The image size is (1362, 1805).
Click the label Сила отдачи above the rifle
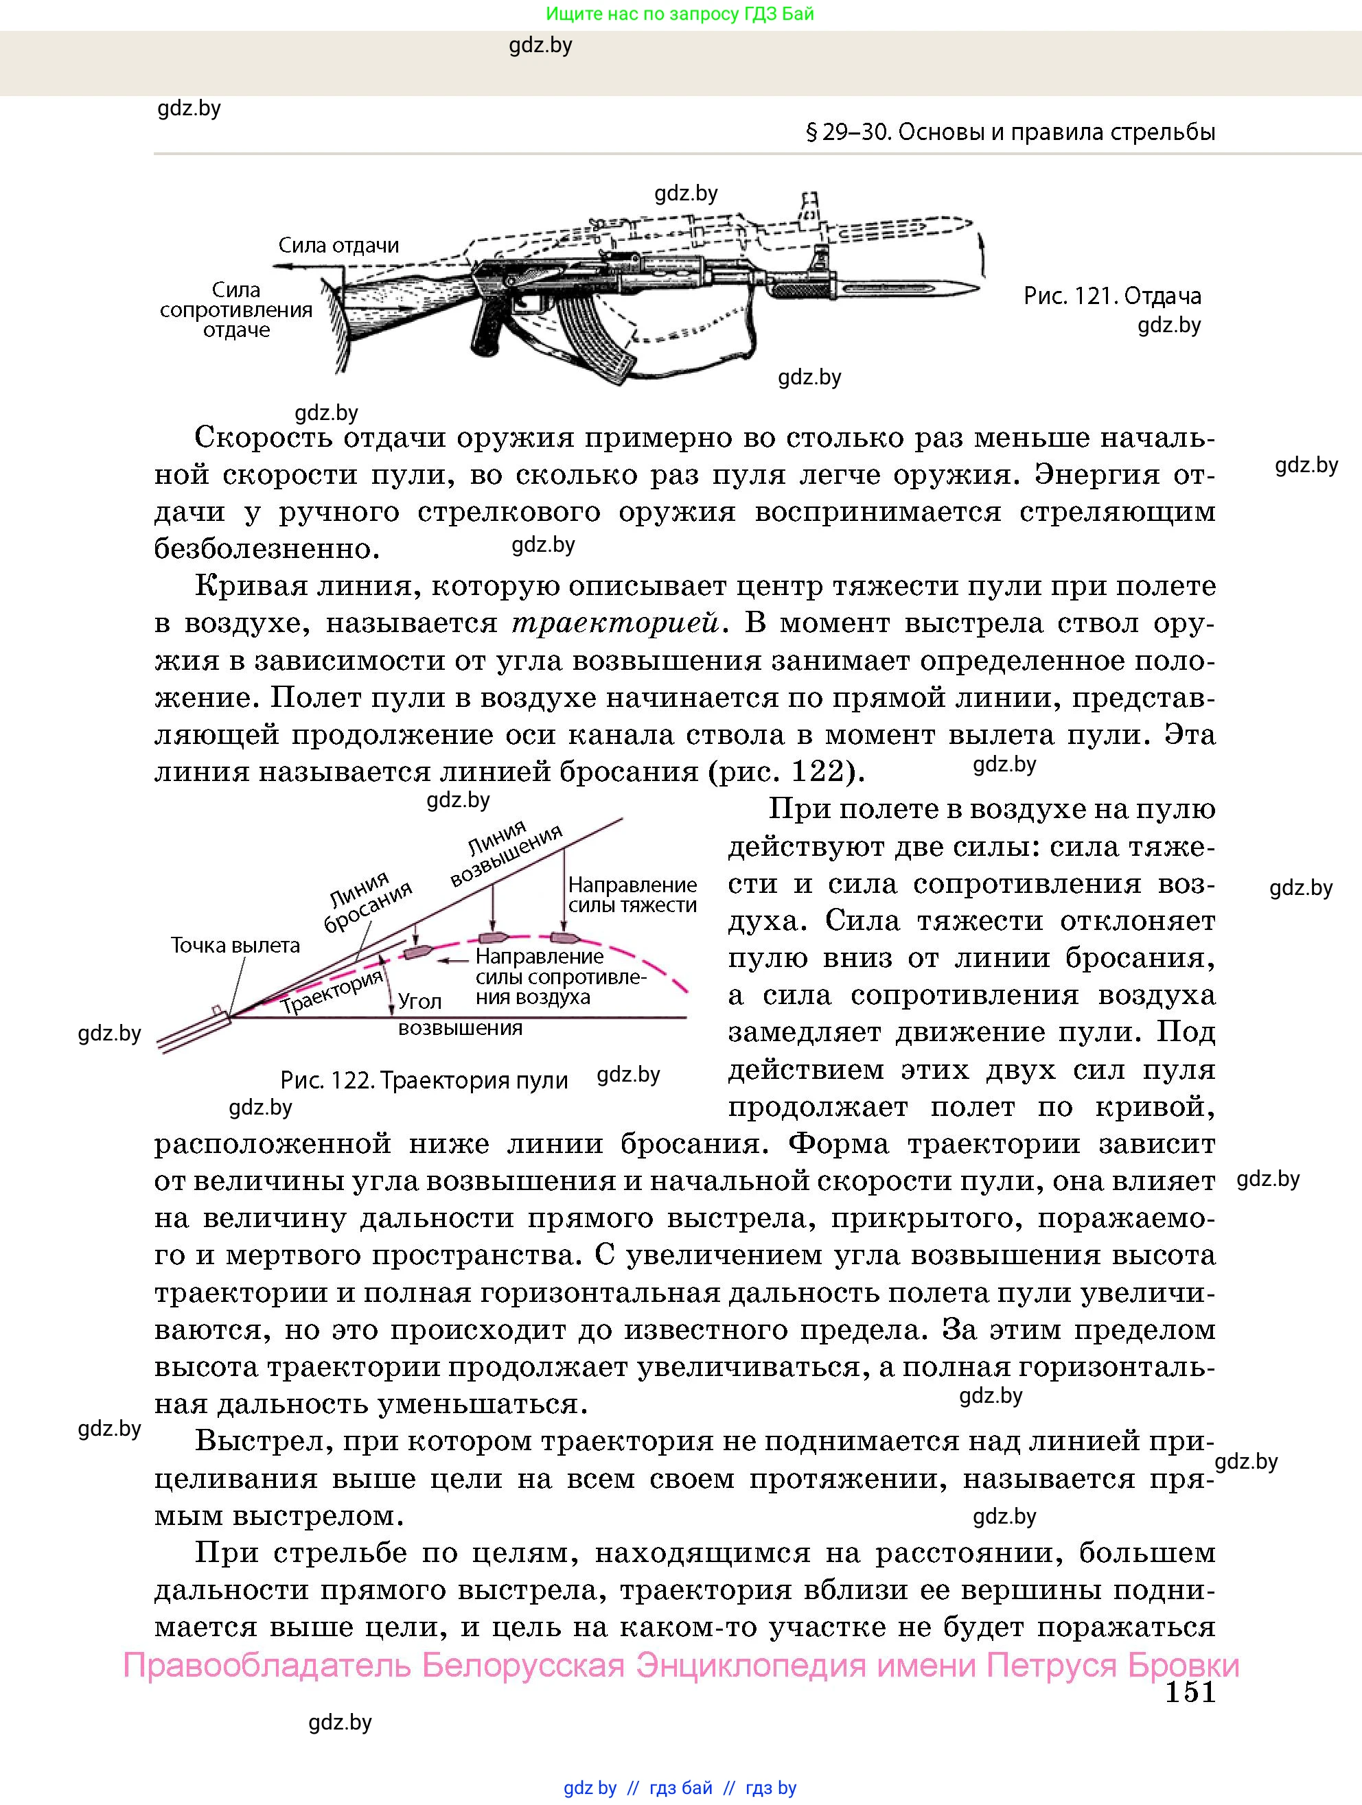pos(338,245)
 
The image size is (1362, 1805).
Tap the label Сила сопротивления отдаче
pos(236,310)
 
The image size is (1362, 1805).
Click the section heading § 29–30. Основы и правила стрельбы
pos(1011,132)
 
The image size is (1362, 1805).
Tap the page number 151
pos(1190,1692)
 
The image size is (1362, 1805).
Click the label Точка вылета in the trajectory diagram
pos(235,945)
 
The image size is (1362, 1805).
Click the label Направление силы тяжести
pos(632,894)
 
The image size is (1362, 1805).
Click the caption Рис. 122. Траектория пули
pos(424,1080)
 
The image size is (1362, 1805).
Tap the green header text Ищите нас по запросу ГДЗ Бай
pos(679,14)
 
